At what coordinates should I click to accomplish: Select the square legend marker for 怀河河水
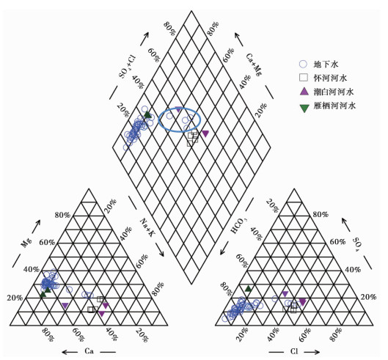pos(304,78)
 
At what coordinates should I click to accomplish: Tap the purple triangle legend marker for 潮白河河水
pos(304,92)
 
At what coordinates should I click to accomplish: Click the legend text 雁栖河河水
pos(334,106)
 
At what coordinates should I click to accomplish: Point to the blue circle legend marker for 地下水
pos(303,64)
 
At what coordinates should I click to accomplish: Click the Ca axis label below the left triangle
pos(89,351)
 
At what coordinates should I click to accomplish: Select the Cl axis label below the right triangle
pos(294,351)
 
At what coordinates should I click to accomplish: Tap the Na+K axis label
pos(147,227)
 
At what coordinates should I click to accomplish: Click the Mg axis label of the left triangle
pos(26,243)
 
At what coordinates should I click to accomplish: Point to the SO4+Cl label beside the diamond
pos(128,67)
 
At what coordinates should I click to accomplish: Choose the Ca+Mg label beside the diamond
pos(254,65)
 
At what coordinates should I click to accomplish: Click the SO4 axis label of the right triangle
pos(359,244)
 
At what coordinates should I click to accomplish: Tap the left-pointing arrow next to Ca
pos(70,352)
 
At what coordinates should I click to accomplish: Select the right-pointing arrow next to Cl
pos(312,352)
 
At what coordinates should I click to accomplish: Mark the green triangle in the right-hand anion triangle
pos(248,288)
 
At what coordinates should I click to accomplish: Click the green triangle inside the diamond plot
pos(147,114)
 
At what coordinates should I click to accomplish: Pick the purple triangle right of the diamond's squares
pos(205,133)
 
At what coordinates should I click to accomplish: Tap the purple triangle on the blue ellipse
pos(178,109)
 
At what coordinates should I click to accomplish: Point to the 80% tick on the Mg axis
pos(62,215)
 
